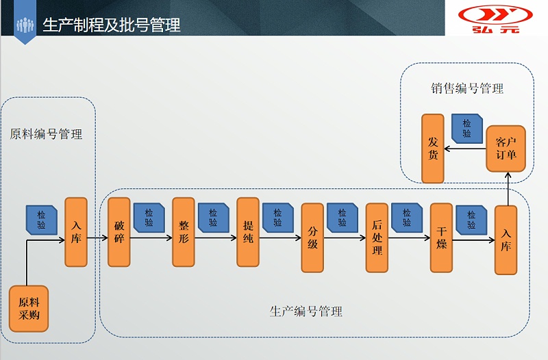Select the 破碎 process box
(119, 232)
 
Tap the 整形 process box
(184, 232)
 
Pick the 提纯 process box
(248, 232)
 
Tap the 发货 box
(433, 149)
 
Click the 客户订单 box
(506, 149)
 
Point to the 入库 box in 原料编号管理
(76, 232)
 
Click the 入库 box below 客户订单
(506, 240)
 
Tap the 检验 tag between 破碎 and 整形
(149, 218)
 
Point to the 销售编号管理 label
(467, 88)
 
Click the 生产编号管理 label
(306, 311)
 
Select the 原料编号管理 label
(46, 134)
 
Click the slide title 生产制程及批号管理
(112, 25)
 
